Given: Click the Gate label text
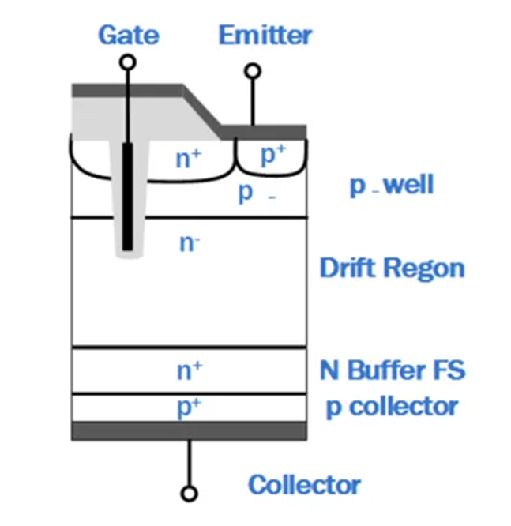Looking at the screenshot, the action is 129,35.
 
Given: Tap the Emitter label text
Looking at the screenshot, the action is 265,35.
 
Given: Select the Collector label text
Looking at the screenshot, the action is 304,485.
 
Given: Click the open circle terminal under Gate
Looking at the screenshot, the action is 128,62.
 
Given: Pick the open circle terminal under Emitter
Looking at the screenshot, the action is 253,71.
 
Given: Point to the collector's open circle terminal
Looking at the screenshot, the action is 189,494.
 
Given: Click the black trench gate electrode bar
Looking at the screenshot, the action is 127,197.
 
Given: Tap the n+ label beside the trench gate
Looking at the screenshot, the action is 188,159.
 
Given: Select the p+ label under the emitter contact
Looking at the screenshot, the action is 273,155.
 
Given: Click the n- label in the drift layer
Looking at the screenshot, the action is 190,243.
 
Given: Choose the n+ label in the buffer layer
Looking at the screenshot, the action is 190,370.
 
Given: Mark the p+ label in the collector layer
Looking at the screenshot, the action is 190,408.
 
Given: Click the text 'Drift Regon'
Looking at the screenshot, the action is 393,269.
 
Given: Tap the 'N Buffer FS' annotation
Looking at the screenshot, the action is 393,370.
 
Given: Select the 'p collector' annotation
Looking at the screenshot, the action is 393,408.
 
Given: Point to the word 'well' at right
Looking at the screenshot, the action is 409,185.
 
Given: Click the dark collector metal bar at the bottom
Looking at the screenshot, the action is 190,431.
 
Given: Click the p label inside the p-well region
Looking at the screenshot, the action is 246,193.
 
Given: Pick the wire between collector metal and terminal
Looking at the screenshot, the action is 189,463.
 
